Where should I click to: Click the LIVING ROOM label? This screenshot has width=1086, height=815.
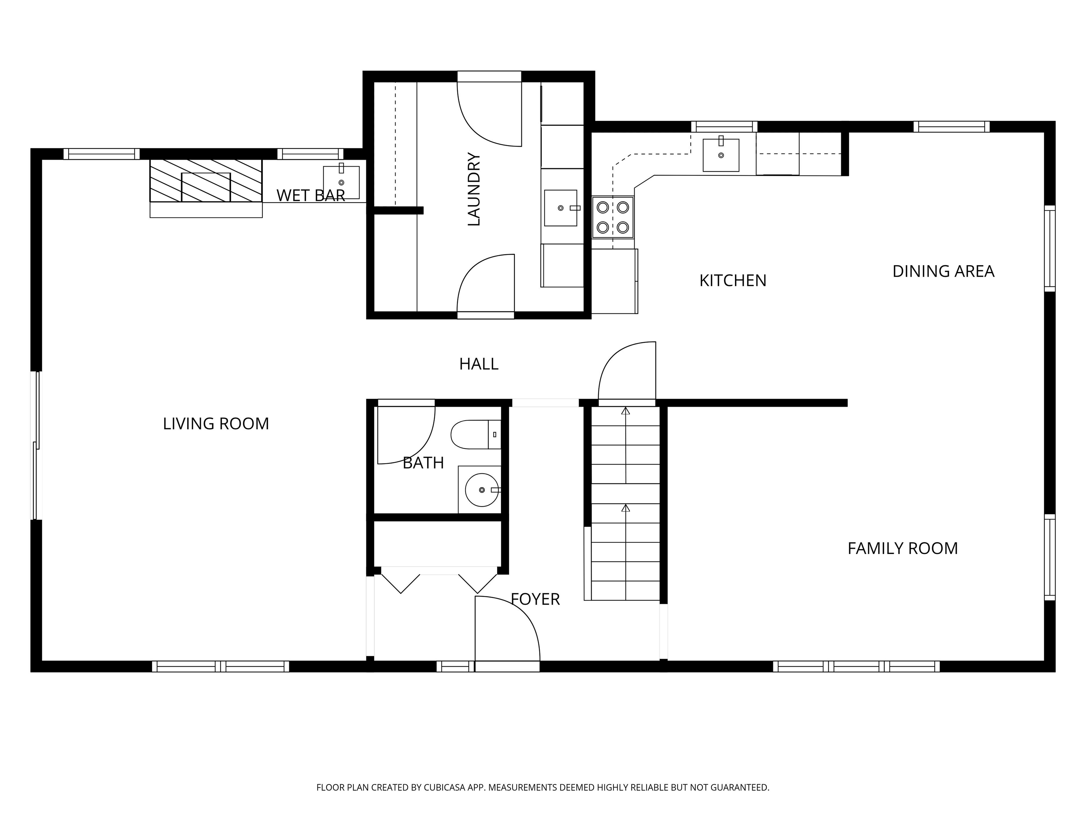[216, 423]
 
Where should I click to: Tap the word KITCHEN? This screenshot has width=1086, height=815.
[732, 281]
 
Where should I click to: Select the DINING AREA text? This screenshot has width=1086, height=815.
[943, 271]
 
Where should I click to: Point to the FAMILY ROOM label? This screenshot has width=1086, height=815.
[903, 548]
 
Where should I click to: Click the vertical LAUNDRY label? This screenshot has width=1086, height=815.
[474, 189]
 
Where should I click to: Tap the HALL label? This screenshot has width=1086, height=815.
[479, 364]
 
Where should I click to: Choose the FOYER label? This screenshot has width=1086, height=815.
[535, 599]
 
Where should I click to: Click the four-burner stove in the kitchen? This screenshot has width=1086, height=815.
[613, 217]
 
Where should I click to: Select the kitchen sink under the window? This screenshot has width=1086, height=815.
[721, 155]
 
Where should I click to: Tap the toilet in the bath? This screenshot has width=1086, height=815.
[475, 435]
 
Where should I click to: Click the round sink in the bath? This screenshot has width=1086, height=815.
[481, 490]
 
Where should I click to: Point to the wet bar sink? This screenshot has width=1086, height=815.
[341, 181]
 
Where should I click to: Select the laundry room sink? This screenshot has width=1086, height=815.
[561, 208]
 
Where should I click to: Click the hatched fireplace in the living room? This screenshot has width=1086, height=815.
[206, 180]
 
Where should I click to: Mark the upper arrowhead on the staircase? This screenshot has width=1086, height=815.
[625, 411]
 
